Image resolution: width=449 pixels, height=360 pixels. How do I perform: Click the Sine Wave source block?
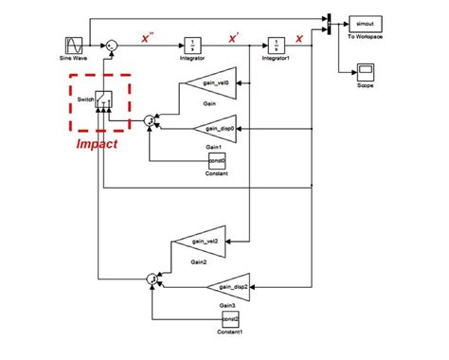tap(75, 45)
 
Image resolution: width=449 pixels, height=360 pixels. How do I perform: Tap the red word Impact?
tap(97, 144)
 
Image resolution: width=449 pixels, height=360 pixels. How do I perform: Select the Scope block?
tap(365, 71)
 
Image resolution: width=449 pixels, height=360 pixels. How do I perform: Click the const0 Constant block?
tap(217, 162)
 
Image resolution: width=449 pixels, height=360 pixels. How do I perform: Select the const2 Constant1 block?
tap(229, 320)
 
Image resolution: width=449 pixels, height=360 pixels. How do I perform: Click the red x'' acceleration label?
tap(147, 38)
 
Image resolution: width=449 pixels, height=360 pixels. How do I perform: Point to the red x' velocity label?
tap(233, 38)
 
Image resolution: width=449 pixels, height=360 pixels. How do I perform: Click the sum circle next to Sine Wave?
tap(111, 45)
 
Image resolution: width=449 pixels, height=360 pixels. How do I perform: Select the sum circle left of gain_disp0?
tap(150, 120)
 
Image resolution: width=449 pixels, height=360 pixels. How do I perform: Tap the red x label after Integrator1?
tap(299, 38)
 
